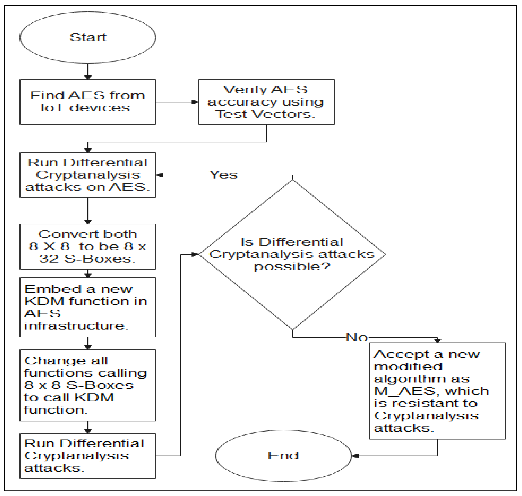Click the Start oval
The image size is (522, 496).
[x=88, y=37]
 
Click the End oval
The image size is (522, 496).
[x=283, y=455]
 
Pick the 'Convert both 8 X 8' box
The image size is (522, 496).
[x=88, y=246]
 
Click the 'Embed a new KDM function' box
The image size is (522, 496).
[x=88, y=307]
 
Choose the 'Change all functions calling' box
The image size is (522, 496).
[x=88, y=385]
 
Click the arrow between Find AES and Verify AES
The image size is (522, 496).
[x=177, y=102]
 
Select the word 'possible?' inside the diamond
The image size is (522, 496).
[x=292, y=267]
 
